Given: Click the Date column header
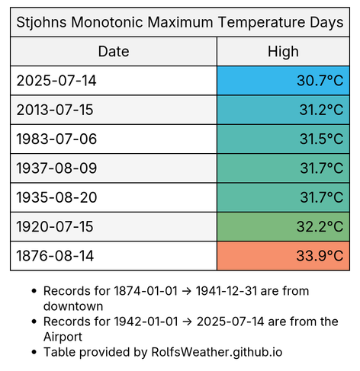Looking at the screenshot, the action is [114, 52].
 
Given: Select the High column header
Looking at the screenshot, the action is [283, 52].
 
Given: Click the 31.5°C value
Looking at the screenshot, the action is [321, 139].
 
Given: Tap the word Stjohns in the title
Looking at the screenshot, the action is [42, 22].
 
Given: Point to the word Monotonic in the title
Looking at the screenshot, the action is [107, 22].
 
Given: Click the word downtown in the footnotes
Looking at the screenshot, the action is [73, 306].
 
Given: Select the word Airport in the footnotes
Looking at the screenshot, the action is [63, 337].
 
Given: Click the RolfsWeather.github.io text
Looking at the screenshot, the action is [217, 353].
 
